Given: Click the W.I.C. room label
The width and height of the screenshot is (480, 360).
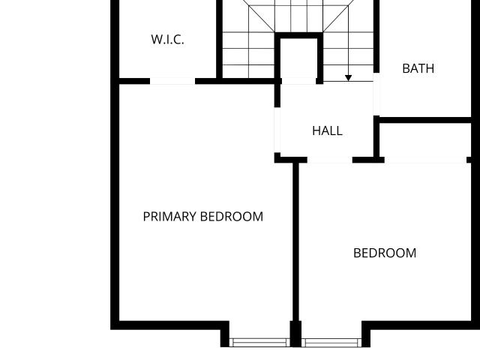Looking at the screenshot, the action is coord(167,40).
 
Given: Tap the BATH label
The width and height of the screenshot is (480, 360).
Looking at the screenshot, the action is coord(418,68).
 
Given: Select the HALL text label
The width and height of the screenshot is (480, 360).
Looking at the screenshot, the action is coord(327,130).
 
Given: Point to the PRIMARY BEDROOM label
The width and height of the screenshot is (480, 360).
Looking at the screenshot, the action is coord(203,217).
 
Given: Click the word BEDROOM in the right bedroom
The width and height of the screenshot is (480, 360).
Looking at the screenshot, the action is coord(385,253).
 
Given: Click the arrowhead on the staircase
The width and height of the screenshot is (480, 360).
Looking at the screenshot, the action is coord(348,78).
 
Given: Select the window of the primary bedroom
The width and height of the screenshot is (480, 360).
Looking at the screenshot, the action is coord(259,343).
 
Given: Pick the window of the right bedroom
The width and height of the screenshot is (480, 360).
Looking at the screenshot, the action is coord(331,343).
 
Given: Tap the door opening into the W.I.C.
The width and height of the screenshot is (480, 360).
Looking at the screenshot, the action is coord(172,81).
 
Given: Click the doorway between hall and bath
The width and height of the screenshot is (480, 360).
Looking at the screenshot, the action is coord(376,94).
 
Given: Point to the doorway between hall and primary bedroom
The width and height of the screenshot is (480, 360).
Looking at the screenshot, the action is coord(277,130).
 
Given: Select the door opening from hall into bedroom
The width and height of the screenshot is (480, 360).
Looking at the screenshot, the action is coord(330,160).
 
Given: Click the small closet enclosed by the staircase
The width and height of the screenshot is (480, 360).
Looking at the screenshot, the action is coord(298,58).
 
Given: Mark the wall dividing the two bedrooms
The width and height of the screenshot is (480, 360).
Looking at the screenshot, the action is coord(295,241).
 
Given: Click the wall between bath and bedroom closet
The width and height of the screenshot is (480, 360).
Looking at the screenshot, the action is coord(425,120).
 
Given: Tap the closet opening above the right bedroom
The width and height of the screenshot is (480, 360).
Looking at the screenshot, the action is coord(425,160).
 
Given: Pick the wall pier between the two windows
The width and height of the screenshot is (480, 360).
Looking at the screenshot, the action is coord(295,334).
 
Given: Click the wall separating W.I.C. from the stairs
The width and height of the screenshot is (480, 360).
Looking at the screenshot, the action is coord(219,39).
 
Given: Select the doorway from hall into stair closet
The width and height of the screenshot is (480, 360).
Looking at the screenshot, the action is coord(298,81).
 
